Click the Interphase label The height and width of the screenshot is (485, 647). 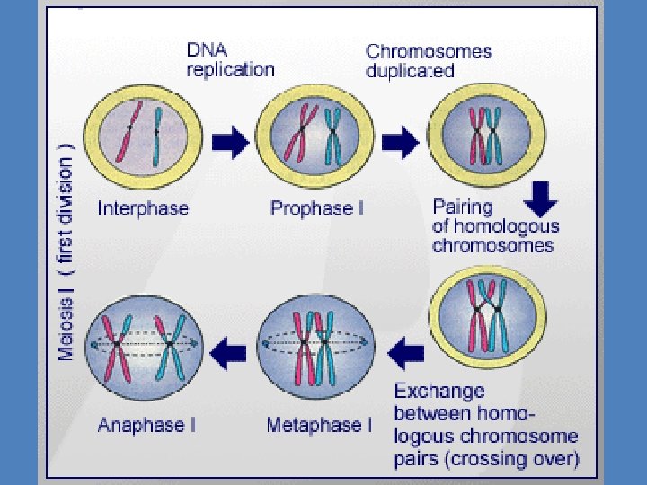click(x=143, y=207)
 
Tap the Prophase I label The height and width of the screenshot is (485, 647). click(x=317, y=207)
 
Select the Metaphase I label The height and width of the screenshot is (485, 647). click(x=319, y=425)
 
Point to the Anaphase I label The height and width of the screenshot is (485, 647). click(x=146, y=425)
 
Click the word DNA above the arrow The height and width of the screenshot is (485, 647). click(x=207, y=50)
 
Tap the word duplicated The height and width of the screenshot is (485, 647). click(x=410, y=71)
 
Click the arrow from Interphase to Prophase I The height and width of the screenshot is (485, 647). click(x=231, y=142)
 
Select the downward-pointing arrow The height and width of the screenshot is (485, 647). click(x=541, y=199)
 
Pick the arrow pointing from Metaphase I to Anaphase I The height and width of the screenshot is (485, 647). click(x=228, y=354)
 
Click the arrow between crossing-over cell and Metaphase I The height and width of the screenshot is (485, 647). click(x=406, y=354)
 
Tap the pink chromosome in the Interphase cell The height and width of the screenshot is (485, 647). click(x=129, y=131)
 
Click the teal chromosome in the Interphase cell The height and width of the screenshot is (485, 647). click(x=156, y=137)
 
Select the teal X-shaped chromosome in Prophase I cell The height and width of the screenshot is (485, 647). click(x=333, y=137)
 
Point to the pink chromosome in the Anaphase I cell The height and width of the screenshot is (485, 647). click(x=117, y=348)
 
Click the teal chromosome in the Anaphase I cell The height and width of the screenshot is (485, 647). click(x=170, y=348)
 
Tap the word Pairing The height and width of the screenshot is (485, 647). click(x=463, y=207)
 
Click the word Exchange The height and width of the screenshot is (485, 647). click(x=439, y=391)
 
